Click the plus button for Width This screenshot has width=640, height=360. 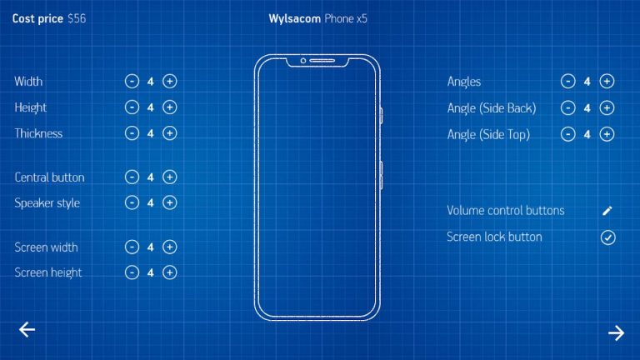pyautogui.click(x=170, y=81)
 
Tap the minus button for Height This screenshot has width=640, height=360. pyautogui.click(x=132, y=107)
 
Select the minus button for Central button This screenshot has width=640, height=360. pyautogui.click(x=132, y=177)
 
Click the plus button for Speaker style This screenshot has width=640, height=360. pyautogui.click(x=170, y=202)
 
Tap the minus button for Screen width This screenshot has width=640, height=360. pyautogui.click(x=132, y=247)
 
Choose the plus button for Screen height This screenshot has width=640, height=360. pyautogui.click(x=170, y=272)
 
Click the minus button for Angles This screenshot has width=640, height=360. pyautogui.click(x=567, y=81)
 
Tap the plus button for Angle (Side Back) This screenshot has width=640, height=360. pyautogui.click(x=607, y=107)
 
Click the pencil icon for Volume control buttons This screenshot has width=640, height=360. pyautogui.click(x=607, y=211)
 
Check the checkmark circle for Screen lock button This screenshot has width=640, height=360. pyautogui.click(x=607, y=237)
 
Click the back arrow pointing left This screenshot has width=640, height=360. pyautogui.click(x=27, y=329)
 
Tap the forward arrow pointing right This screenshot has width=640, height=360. pyautogui.click(x=616, y=333)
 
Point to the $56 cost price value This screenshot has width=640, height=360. pyautogui.click(x=77, y=19)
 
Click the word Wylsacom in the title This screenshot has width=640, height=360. pyautogui.click(x=294, y=19)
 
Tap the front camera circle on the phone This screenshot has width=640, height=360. pyautogui.click(x=303, y=61)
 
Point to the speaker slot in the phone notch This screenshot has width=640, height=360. pyautogui.click(x=322, y=61)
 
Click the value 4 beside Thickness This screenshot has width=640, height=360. pyautogui.click(x=151, y=133)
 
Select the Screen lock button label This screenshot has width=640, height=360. pyautogui.click(x=494, y=237)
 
